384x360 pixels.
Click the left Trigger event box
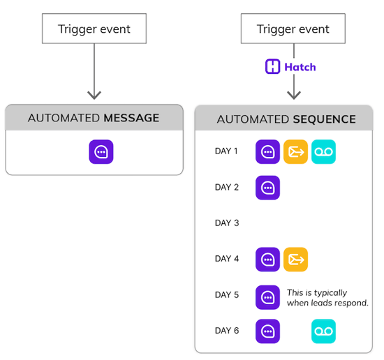94,29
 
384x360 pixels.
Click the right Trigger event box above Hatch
294,29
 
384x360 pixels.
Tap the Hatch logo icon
273,67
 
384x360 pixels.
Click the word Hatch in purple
300,67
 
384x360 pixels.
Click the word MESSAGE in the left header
131,118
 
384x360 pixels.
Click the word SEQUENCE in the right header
325,119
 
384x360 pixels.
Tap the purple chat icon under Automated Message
101,152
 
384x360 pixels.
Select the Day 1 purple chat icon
267,151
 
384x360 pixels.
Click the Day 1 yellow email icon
295,151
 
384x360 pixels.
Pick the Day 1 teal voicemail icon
323,151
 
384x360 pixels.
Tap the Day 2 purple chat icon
267,188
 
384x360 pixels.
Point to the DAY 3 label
227,223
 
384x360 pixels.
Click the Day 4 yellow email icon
295,260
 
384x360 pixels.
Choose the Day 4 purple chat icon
267,260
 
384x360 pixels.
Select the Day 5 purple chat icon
267,297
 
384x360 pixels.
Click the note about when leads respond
327,298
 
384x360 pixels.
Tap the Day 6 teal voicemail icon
323,331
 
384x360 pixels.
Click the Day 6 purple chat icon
267,331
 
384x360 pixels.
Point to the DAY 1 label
227,151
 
